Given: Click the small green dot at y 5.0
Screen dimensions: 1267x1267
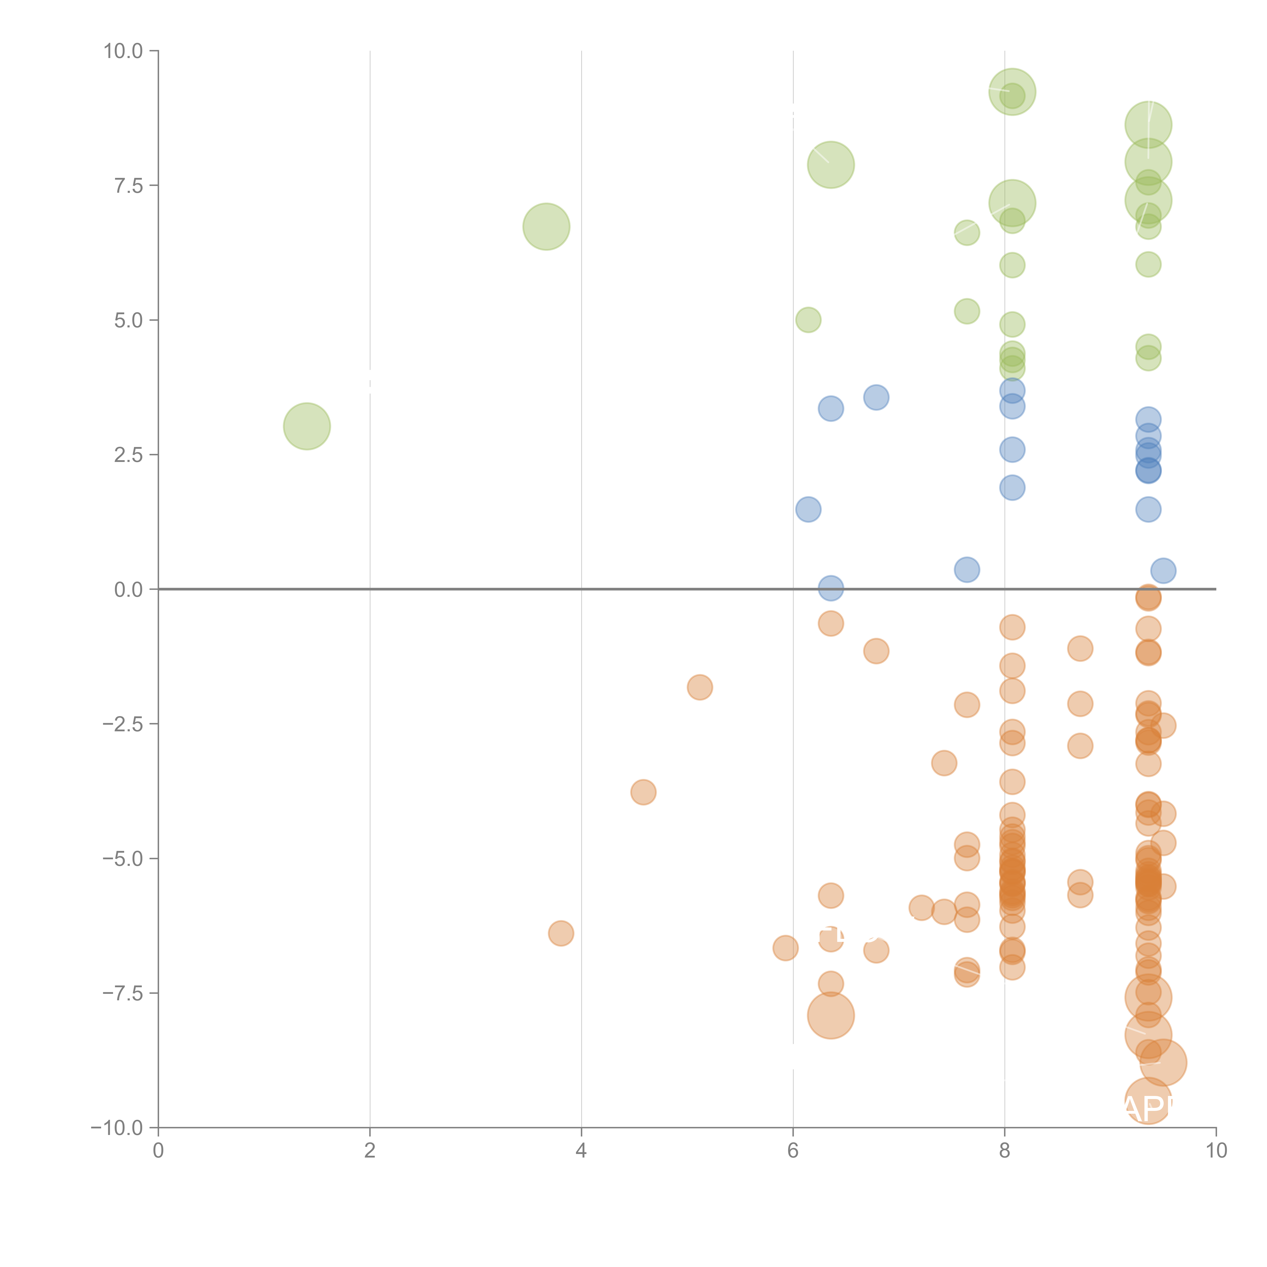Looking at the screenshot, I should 808,320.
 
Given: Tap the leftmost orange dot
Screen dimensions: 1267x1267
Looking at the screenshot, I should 561,933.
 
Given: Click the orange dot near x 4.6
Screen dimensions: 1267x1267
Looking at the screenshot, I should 643,792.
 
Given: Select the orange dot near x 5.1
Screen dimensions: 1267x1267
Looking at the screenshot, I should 700,687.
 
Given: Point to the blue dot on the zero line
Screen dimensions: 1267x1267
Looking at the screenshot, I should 831,588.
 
